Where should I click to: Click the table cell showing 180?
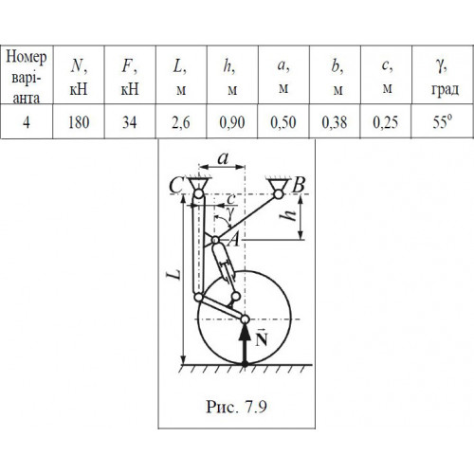79,122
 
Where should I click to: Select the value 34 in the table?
130,122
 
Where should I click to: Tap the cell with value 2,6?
181,122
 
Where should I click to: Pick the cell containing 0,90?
232,122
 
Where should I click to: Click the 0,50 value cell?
283,122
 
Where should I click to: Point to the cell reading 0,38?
335,122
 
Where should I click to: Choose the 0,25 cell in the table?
386,122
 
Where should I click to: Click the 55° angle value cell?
443,122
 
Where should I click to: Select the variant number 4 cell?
27,122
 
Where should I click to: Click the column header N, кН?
79,77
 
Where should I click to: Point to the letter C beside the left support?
176,185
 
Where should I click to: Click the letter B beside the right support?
299,185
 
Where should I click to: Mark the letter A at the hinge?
234,241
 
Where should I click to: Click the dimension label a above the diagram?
223,158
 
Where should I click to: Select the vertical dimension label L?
174,274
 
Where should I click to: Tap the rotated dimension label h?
288,216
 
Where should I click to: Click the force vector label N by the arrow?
262,338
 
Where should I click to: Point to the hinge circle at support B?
278,194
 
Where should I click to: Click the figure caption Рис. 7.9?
236,407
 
